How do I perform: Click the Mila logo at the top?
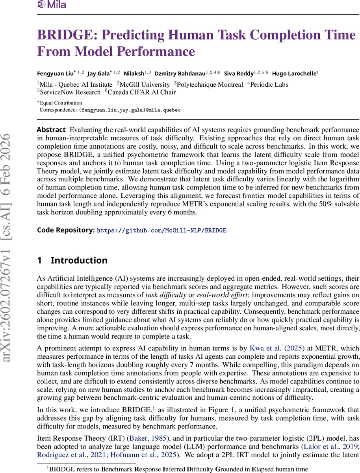(52, 5)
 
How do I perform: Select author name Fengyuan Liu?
(55, 73)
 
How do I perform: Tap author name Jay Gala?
(98, 73)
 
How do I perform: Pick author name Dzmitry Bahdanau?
(180, 73)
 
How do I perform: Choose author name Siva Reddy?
(239, 73)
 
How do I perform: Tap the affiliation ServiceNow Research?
(70, 92)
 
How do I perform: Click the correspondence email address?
(130, 110)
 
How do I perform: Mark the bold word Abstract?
(51, 130)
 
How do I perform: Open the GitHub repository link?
(161, 230)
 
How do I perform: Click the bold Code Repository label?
(66, 230)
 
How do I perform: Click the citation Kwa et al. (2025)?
(278, 348)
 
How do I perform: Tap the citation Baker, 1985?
(157, 447)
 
